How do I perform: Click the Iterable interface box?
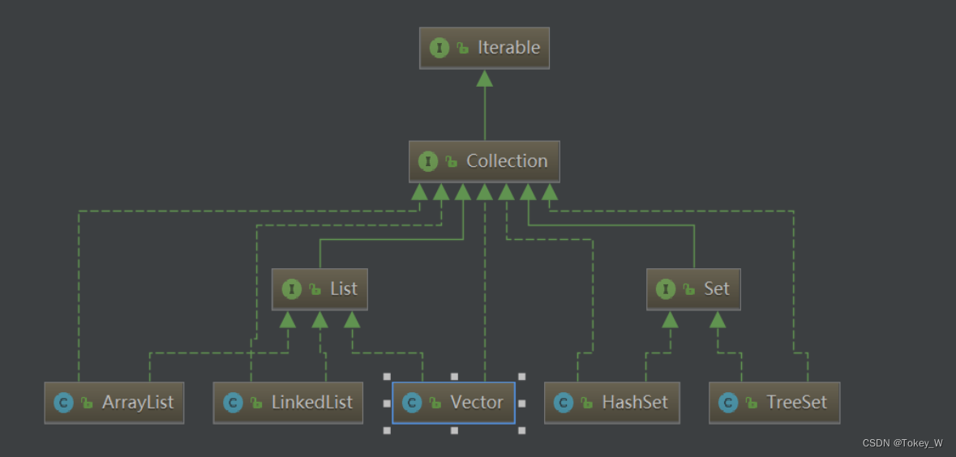tap(484, 48)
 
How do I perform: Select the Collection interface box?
tap(484, 161)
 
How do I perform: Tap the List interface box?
tap(319, 289)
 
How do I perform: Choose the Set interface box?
tap(694, 289)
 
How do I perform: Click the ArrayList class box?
tap(114, 403)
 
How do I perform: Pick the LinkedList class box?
tap(288, 403)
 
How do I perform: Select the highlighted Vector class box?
tap(453, 403)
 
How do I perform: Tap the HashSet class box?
tap(612, 403)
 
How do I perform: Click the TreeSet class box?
tap(774, 403)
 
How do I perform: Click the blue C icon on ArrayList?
tap(63, 403)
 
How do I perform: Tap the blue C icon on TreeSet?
tap(728, 403)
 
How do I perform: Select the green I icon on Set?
tap(666, 289)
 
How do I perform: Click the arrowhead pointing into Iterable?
tap(484, 78)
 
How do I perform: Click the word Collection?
tap(507, 161)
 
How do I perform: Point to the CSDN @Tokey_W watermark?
tap(902, 443)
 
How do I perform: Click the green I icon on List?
tap(291, 289)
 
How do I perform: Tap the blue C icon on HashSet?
tap(564, 403)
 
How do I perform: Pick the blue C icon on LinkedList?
tap(233, 403)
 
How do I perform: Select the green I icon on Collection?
tap(428, 161)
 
